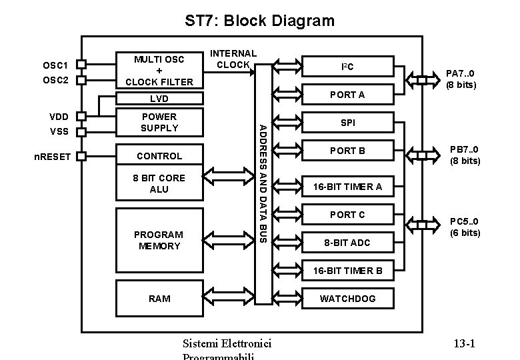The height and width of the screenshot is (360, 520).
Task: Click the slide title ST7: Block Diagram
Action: coord(259,21)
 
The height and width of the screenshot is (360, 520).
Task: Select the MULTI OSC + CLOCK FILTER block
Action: coord(159,70)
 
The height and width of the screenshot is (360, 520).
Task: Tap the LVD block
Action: coord(159,99)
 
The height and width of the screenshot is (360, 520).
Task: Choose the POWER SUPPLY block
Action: coord(159,122)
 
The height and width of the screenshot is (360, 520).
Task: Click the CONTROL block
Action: coord(159,156)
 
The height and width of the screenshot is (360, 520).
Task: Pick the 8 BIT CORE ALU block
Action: coord(159,183)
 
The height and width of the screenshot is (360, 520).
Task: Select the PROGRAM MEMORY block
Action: coord(159,240)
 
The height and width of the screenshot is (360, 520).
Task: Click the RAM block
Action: coord(159,298)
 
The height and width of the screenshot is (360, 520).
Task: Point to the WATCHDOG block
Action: coord(347,298)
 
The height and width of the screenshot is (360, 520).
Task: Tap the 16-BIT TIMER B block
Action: coord(347,271)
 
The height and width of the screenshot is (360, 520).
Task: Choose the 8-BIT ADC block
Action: coord(347,243)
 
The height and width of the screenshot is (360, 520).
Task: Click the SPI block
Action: coord(347,123)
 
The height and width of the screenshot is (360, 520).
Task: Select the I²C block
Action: coord(347,67)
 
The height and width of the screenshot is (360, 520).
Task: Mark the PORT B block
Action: coord(347,151)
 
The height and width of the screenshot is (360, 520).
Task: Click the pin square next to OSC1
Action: coord(81,65)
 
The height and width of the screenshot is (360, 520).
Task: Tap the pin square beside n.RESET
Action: coord(81,157)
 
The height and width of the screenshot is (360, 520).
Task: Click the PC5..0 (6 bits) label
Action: coord(465,227)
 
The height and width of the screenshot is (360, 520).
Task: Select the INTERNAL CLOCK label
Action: coord(233,59)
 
